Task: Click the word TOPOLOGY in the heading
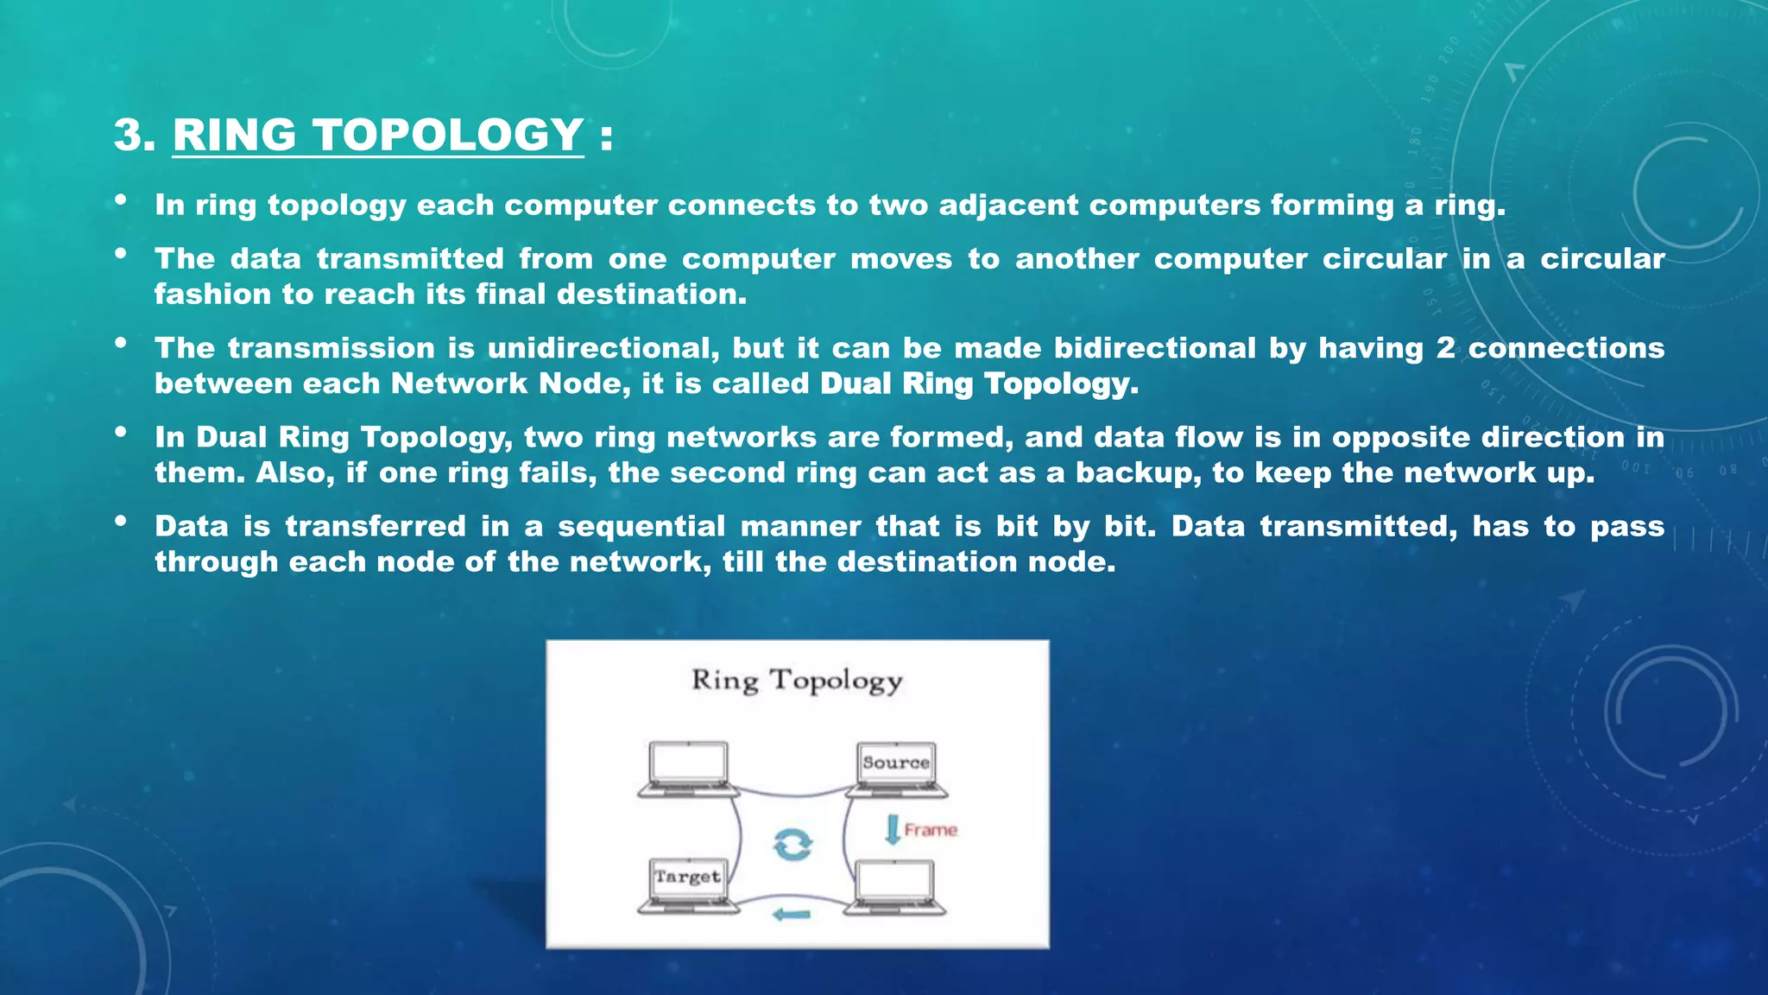448,136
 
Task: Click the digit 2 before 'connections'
1445,348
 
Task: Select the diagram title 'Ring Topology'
797,681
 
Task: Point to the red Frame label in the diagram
931,830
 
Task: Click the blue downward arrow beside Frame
893,829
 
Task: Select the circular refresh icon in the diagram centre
792,844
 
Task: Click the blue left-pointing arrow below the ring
792,915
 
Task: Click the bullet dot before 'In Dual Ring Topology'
121,432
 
